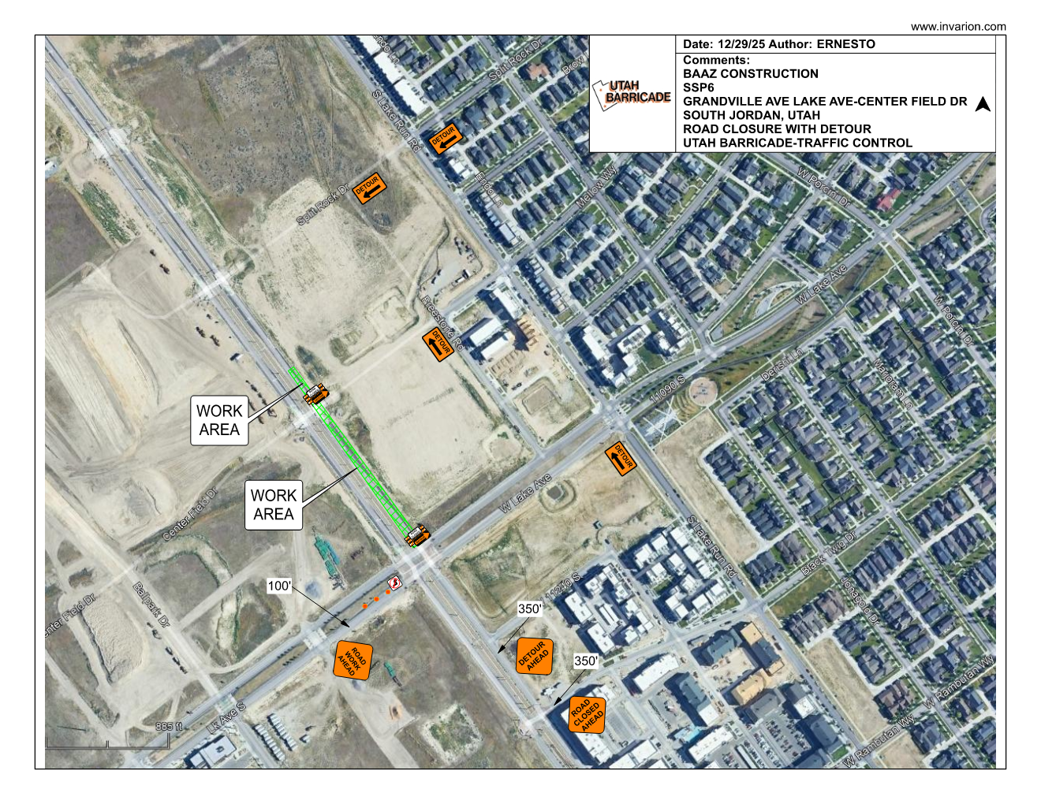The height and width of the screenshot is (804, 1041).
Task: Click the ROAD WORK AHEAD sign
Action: pos(353,661)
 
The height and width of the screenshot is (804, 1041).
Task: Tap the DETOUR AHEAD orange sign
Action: pos(534,656)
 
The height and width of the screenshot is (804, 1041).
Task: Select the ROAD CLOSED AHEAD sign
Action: pos(587,714)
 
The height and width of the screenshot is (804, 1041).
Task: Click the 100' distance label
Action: pos(279,586)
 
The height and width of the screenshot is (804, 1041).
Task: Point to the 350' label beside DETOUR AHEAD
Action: pos(530,609)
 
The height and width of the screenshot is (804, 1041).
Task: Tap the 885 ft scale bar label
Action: pos(169,727)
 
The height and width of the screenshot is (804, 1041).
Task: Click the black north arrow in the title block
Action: pos(983,104)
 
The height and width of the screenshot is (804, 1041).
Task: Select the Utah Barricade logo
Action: pos(632,94)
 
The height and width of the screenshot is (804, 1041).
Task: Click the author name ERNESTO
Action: pos(845,44)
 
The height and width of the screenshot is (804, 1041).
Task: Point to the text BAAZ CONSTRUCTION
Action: pos(750,74)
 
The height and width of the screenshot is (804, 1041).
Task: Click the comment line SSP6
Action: pos(698,87)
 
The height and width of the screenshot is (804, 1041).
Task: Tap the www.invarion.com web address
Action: pos(958,27)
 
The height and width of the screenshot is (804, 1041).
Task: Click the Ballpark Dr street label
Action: pos(151,605)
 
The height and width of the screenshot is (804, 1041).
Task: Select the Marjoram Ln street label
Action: pos(894,384)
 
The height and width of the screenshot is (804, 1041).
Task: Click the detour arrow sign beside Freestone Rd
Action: pos(437,345)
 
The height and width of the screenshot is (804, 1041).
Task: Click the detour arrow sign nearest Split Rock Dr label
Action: pos(369,188)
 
